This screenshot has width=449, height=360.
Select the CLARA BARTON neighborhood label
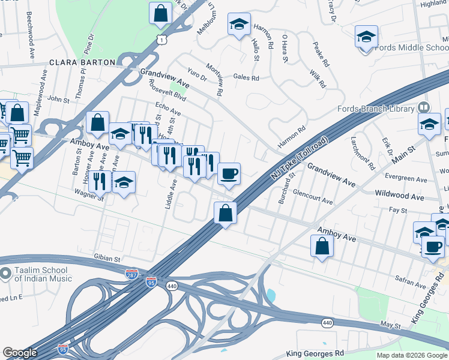click(x=82, y=62)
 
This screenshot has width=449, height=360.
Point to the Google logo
click(x=20, y=353)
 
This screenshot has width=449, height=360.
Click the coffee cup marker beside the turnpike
click(x=229, y=175)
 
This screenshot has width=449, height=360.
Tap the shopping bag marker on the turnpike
click(x=225, y=214)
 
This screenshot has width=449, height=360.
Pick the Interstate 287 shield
click(x=131, y=273)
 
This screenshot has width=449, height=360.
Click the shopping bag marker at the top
click(x=161, y=14)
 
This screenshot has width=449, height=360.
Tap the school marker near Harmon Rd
click(x=239, y=25)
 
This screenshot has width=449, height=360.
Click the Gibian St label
click(x=107, y=257)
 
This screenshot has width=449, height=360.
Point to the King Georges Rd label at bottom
click(x=315, y=354)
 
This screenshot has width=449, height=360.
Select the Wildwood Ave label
click(x=399, y=196)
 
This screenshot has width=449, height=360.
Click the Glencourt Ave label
click(x=312, y=197)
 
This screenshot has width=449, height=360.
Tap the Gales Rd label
click(x=246, y=77)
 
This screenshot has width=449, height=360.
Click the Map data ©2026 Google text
click(x=411, y=355)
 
